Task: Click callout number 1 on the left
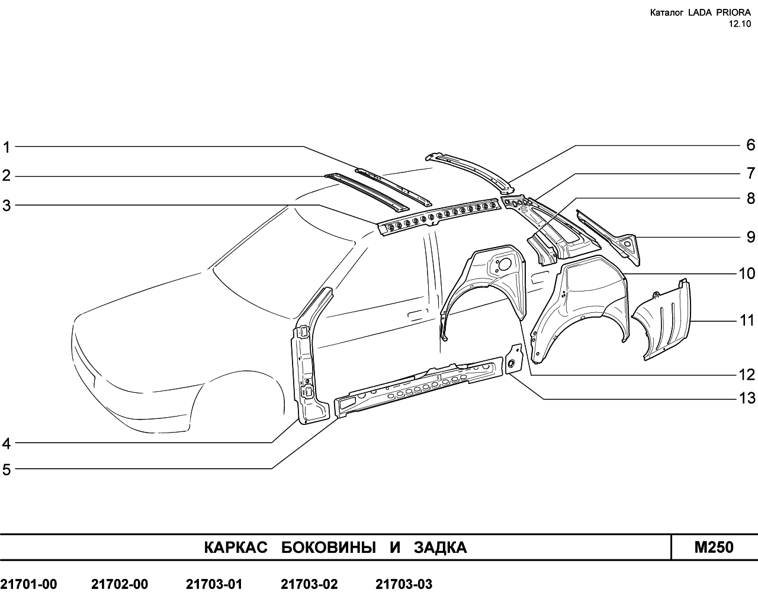point(7,148)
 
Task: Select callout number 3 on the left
point(7,206)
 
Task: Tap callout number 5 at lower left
point(7,470)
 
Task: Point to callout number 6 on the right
point(751,145)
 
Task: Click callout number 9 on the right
point(751,237)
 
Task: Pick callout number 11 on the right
point(747,321)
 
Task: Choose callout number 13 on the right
point(747,398)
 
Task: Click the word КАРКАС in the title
point(236,548)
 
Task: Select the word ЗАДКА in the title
point(440,548)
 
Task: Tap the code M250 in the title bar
point(714,547)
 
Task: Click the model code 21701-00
point(28,584)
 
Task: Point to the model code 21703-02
point(309,584)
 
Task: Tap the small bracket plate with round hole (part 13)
point(513,359)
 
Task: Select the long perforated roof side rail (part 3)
point(439,216)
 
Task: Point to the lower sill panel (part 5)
point(419,387)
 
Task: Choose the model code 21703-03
point(404,584)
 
